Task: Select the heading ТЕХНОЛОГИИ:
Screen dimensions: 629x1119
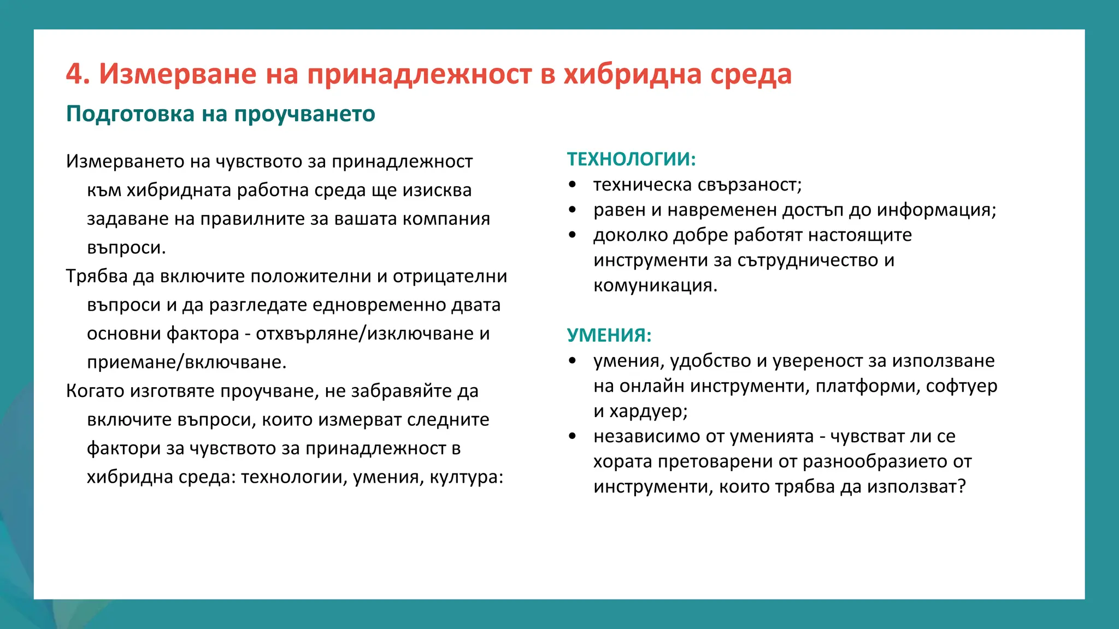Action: pyautogui.click(x=631, y=159)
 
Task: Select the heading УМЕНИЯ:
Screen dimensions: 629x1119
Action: pyautogui.click(x=609, y=335)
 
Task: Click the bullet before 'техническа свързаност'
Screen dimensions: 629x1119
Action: pyautogui.click(x=572, y=185)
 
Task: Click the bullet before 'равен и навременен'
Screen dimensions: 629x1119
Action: pyautogui.click(x=572, y=210)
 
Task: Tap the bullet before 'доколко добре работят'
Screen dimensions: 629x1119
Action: pyautogui.click(x=572, y=235)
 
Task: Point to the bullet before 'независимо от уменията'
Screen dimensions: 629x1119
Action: pyautogui.click(x=572, y=436)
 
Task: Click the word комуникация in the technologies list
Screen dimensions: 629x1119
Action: pyautogui.click(x=655, y=285)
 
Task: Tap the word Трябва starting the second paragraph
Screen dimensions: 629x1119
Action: pyautogui.click(x=97, y=276)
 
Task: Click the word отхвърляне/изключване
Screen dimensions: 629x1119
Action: pyautogui.click(x=364, y=333)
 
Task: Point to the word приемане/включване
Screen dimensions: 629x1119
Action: pyautogui.click(x=186, y=362)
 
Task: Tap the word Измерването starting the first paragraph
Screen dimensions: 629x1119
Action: pyautogui.click(x=125, y=161)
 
